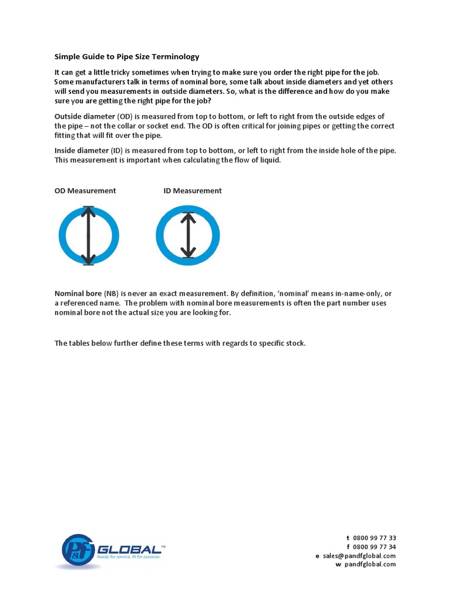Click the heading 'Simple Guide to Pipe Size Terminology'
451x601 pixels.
click(127, 57)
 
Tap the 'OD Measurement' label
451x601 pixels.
click(85, 191)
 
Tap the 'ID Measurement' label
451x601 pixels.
click(193, 191)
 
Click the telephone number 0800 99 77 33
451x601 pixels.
click(374, 538)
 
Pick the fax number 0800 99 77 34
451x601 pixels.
click(374, 546)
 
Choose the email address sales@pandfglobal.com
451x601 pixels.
click(359, 556)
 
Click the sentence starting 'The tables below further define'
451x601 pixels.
click(180, 343)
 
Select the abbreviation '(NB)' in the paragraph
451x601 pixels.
click(111, 293)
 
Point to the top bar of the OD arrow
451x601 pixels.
click(88, 207)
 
